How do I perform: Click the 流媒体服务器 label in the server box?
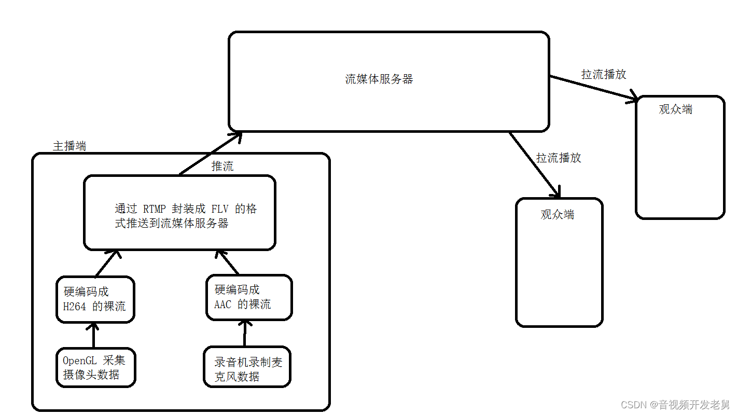point(379,79)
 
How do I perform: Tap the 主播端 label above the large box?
point(69,146)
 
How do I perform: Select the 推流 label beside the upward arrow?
point(223,166)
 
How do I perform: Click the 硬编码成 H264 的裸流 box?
point(95,299)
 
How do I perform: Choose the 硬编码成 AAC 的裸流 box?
point(249,297)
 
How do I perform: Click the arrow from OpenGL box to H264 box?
point(94,335)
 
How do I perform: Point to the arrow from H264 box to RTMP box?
point(107,264)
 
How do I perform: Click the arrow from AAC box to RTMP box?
point(228,262)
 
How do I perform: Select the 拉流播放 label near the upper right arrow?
point(604,74)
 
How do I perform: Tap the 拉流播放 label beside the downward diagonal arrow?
point(559,158)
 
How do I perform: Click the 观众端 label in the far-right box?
point(676,109)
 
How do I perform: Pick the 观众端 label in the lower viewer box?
point(558,214)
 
